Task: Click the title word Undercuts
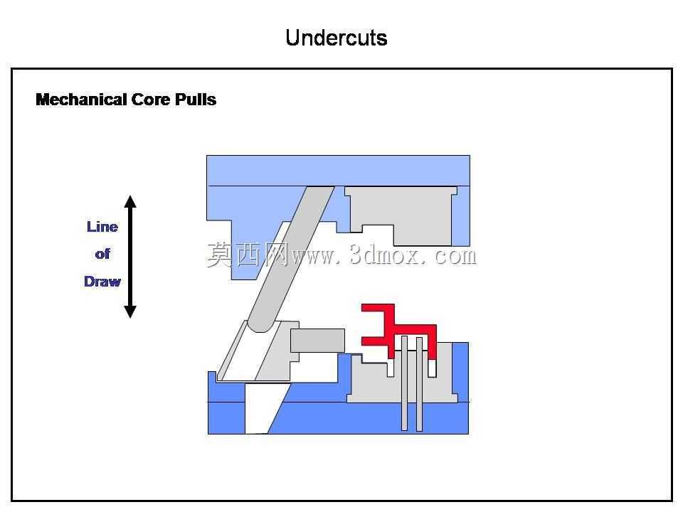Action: click(x=337, y=38)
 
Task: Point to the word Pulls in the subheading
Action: click(x=196, y=100)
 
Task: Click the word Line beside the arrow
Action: click(x=102, y=227)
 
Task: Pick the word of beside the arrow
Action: click(x=102, y=254)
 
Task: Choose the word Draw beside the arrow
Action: click(x=102, y=282)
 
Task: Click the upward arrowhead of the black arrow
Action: click(x=130, y=201)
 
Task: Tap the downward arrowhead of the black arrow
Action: click(x=130, y=311)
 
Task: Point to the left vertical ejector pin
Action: click(x=404, y=383)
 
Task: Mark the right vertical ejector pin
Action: click(x=419, y=384)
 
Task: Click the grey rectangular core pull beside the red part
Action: click(x=317, y=340)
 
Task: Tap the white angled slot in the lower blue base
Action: click(x=261, y=408)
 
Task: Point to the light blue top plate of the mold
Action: click(x=338, y=171)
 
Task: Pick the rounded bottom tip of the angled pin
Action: click(x=261, y=326)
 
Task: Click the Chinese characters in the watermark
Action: click(x=248, y=255)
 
